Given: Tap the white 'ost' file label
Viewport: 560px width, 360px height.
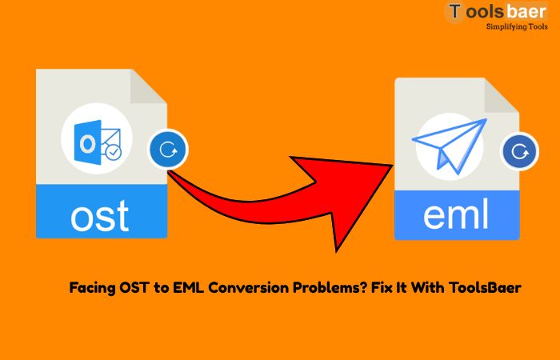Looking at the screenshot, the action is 100,215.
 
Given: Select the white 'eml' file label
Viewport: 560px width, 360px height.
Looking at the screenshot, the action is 456,214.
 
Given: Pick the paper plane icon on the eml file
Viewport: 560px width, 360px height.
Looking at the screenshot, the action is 450,146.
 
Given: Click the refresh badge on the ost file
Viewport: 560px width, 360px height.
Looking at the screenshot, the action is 167,150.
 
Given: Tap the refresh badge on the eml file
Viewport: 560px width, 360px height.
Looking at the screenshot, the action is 520,151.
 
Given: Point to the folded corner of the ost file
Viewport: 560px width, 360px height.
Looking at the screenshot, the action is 148,86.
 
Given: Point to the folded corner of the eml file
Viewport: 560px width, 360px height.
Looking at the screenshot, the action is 502,95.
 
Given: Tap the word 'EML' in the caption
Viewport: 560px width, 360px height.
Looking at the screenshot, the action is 189,287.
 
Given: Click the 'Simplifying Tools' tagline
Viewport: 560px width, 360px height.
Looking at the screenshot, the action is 517,26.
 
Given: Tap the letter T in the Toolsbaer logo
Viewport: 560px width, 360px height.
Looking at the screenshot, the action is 454,11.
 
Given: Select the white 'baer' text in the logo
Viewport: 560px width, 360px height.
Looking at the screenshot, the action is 526,11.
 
